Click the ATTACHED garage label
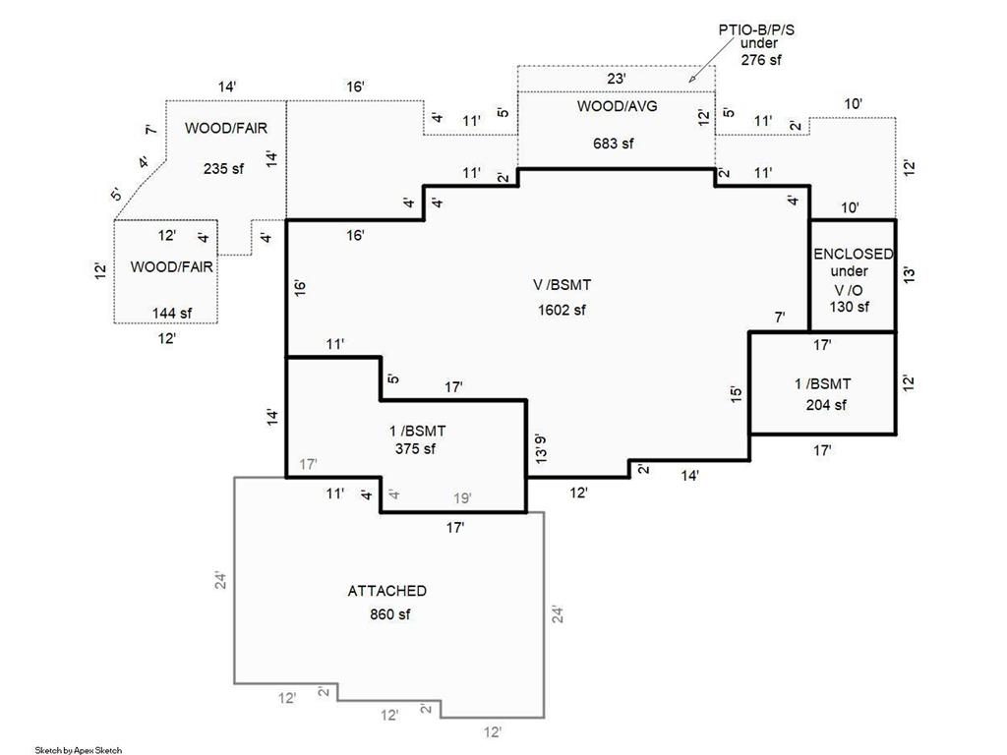click(387, 591)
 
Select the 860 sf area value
click(389, 614)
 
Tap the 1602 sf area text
click(562, 310)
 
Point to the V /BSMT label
click(562, 285)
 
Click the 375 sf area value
click(416, 448)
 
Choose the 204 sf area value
click(826, 405)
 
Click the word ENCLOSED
click(854, 255)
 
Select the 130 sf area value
click(850, 307)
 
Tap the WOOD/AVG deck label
click(618, 106)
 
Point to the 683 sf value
click(614, 144)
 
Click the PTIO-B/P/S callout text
click(756, 30)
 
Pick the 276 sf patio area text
click(762, 60)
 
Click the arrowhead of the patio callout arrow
click(690, 81)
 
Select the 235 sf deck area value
click(223, 169)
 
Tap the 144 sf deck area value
click(172, 314)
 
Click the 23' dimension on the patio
click(616, 79)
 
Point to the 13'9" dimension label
click(541, 448)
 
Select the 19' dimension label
click(462, 497)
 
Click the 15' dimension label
click(736, 393)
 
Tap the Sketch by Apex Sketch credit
click(79, 750)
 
